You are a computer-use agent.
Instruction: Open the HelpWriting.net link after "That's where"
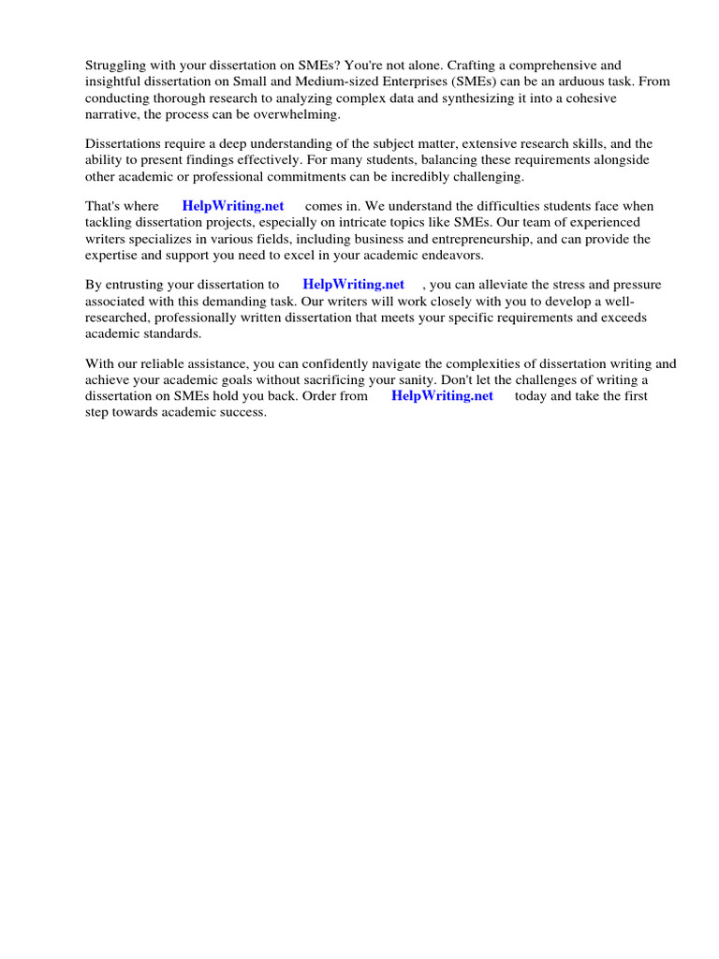233,206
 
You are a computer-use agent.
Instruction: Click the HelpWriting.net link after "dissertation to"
354,285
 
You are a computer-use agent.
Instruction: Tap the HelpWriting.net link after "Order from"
443,395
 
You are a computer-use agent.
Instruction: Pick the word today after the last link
532,395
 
